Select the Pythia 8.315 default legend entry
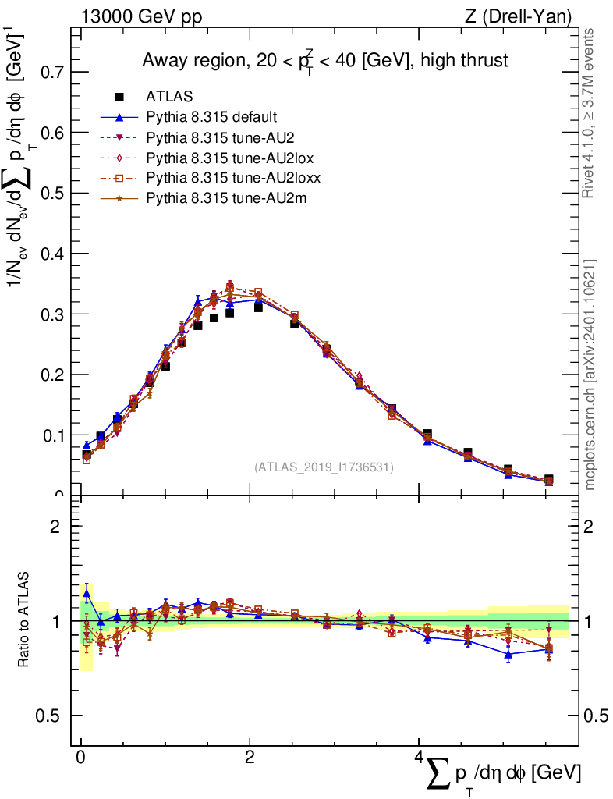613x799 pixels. (x=211, y=118)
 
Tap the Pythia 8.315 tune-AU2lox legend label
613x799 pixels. (x=222, y=158)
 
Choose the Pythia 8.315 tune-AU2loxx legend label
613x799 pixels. (x=226, y=179)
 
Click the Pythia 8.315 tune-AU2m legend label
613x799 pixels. (x=218, y=199)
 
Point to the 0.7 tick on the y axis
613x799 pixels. (x=52, y=72)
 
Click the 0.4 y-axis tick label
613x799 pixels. (x=52, y=254)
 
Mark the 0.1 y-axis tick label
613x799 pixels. (x=52, y=435)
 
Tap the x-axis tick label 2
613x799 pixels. (x=250, y=758)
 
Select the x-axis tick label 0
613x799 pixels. (x=81, y=758)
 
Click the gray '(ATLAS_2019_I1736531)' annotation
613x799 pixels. (x=324, y=467)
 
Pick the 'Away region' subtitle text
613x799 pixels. (x=326, y=61)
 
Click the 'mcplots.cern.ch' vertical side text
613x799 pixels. (x=590, y=375)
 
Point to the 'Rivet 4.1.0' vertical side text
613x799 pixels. (x=590, y=113)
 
